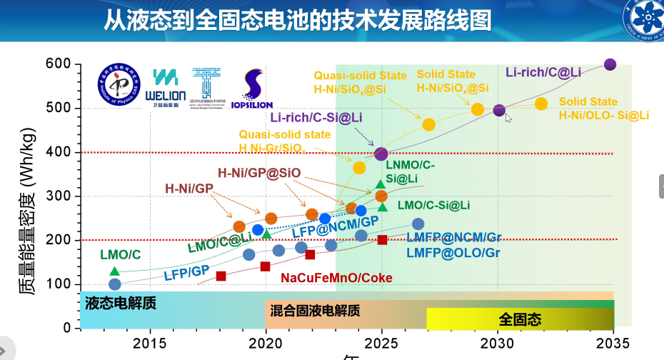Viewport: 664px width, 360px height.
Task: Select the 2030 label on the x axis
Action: [498, 341]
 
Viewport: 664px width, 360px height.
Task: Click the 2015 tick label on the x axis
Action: [150, 341]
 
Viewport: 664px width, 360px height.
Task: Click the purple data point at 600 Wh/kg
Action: [610, 64]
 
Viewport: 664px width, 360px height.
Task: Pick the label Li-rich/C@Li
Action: [543, 72]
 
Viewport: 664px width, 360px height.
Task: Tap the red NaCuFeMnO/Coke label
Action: [336, 277]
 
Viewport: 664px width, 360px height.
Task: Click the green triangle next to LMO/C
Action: [114, 271]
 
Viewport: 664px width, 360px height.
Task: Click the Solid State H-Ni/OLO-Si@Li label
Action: [603, 109]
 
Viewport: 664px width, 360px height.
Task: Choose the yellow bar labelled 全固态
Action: [520, 319]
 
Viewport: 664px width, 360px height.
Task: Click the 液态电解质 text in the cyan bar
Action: [121, 303]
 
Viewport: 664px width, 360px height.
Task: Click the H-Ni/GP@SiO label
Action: [259, 172]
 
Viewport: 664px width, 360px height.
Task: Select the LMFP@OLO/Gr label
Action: [453, 252]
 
